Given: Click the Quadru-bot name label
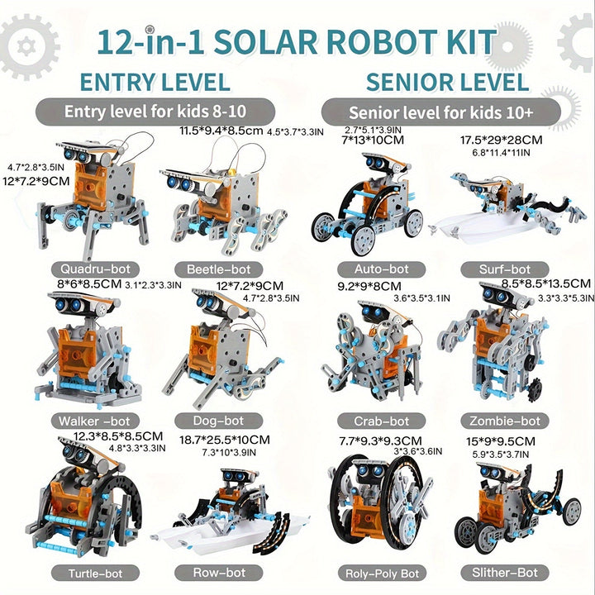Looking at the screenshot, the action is tap(95, 269).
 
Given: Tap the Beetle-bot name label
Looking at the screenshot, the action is tap(218, 269).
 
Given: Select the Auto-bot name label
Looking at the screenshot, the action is tap(381, 269).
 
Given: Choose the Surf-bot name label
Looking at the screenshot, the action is tap(505, 269).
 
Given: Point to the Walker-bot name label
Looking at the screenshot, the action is tap(95, 421).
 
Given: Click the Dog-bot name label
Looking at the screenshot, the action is tap(218, 421).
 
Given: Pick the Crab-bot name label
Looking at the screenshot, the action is tap(381, 421).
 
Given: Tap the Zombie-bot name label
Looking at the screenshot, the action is tap(505, 421).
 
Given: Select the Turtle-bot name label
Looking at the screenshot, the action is tap(95, 574).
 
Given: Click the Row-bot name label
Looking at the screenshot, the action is tap(218, 573).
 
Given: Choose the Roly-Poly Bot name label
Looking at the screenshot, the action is tap(382, 574).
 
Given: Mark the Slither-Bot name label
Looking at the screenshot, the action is tap(505, 573).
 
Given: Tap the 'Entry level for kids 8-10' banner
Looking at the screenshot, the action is tap(155, 112).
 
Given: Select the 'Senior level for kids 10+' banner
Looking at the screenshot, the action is tap(441, 112).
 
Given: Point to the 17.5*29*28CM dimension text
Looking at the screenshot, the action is tap(502, 140).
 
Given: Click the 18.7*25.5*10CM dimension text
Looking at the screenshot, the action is tap(225, 440).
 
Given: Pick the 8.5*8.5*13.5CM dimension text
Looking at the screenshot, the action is tap(546, 283).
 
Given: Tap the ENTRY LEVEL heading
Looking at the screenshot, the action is tap(155, 82).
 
